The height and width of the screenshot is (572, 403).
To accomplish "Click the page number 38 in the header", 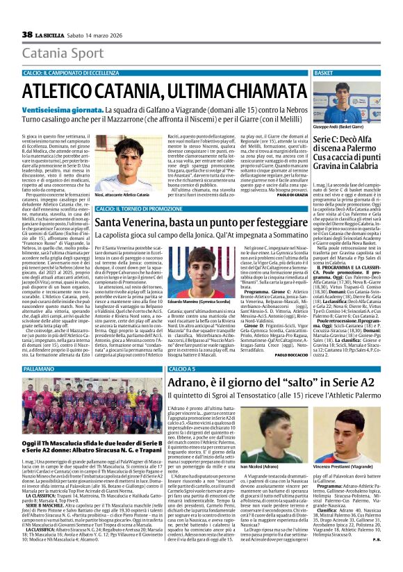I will pos(27,35).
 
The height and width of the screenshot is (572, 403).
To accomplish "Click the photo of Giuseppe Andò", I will pos(355,101).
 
